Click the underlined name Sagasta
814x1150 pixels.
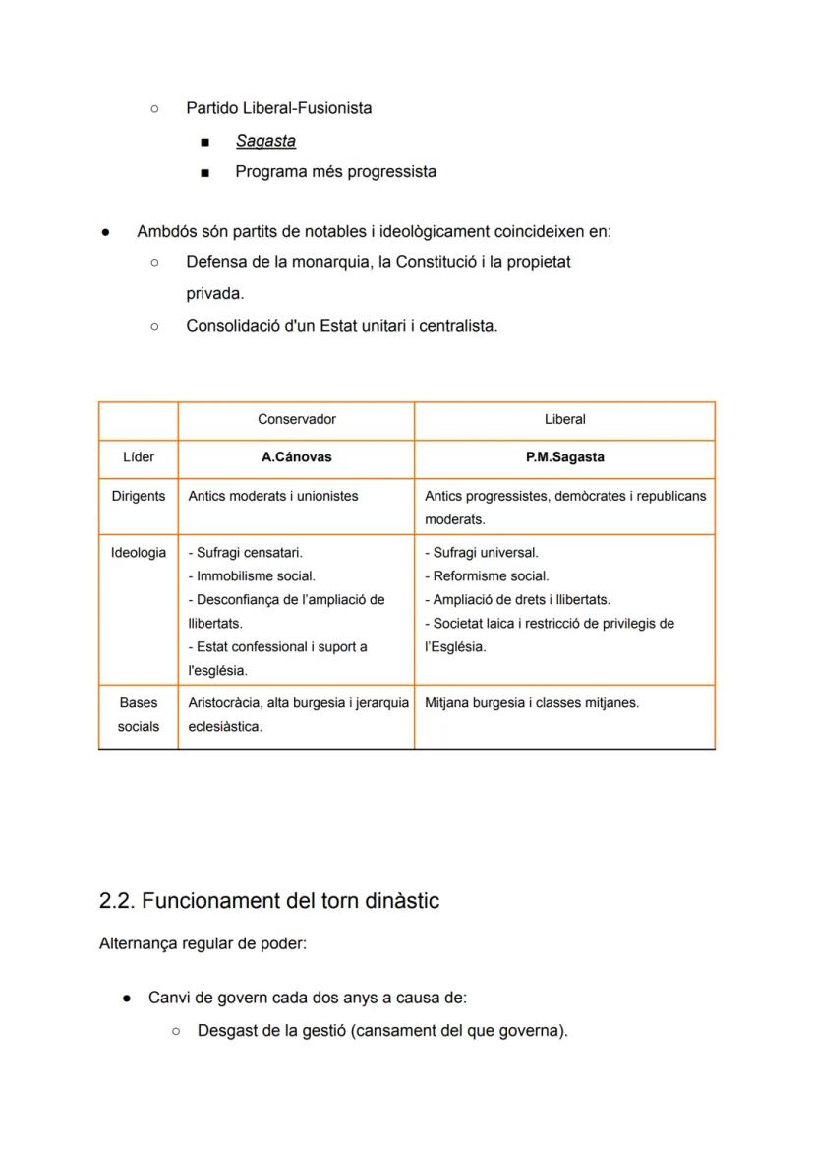tap(265, 141)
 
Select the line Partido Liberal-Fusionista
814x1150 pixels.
tap(278, 108)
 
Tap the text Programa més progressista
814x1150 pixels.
tap(335, 172)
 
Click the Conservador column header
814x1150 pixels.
tap(296, 419)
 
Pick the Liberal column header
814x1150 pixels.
tap(564, 419)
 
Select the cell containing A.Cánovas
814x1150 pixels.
tap(296, 457)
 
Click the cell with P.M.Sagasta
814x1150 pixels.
tap(564, 457)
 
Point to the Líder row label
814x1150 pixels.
tap(138, 457)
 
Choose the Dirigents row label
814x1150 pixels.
tap(138, 496)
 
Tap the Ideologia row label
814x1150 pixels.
tap(138, 553)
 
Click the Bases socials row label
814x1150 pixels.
tap(138, 715)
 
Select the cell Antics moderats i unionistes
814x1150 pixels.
tap(273, 496)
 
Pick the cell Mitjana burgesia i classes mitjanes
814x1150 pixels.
tap(532, 703)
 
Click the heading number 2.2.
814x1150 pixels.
tap(117, 901)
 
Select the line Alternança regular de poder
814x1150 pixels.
tap(203, 944)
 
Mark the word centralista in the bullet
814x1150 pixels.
tap(458, 326)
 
